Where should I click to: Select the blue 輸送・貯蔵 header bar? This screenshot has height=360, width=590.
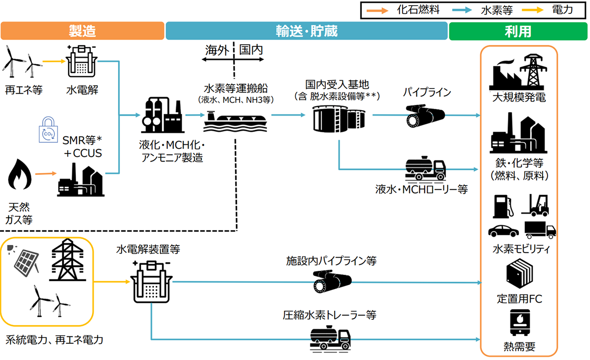(307, 31)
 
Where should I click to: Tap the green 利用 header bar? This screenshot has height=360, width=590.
(518, 31)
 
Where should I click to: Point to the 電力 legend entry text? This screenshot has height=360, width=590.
(561, 9)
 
